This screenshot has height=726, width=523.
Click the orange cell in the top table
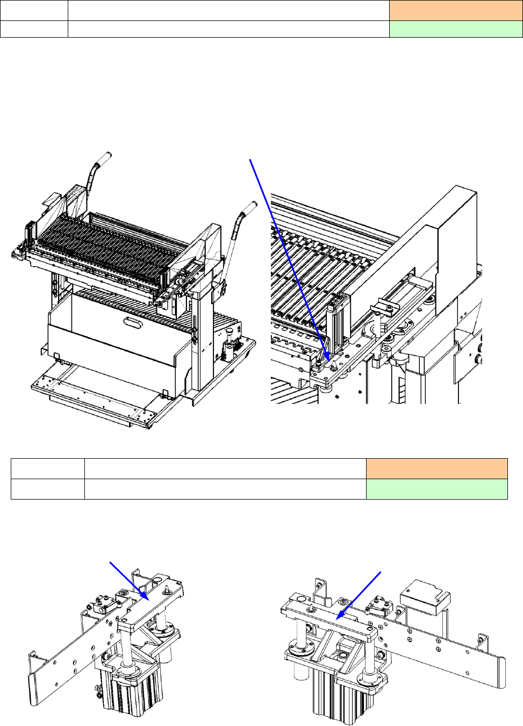click(455, 10)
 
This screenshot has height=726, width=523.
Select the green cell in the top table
click(455, 29)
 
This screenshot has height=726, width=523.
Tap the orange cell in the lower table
click(436, 468)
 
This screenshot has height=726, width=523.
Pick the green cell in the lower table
click(436, 489)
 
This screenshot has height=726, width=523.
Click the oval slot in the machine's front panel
click(132, 322)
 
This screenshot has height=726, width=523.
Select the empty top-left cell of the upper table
click(34, 10)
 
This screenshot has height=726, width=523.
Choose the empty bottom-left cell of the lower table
click(48, 489)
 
